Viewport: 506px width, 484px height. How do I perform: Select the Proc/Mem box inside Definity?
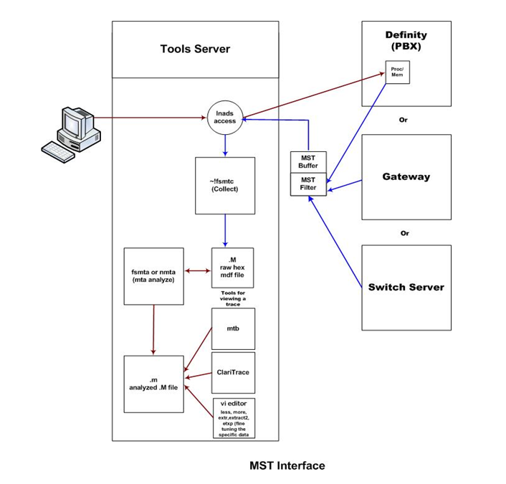(x=398, y=72)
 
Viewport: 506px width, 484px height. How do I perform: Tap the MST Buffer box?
(x=308, y=162)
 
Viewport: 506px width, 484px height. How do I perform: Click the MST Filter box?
(x=308, y=184)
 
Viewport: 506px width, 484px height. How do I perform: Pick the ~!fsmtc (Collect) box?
(x=225, y=186)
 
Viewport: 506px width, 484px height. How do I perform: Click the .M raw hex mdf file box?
(x=232, y=267)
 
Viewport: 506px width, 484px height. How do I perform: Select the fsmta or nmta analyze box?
(x=154, y=276)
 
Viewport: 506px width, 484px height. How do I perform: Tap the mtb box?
(x=233, y=328)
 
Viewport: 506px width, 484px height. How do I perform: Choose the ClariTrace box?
(x=233, y=373)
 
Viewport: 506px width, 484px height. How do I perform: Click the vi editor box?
(x=234, y=418)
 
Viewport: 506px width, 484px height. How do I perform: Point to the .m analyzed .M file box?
(x=154, y=384)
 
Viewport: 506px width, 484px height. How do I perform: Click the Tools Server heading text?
(x=195, y=49)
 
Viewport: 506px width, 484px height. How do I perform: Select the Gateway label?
(x=406, y=177)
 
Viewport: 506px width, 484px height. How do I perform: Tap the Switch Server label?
(x=406, y=287)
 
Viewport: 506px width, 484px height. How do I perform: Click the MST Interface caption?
(x=287, y=465)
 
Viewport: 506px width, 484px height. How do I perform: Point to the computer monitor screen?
(x=72, y=122)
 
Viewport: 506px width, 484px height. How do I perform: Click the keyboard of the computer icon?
(x=58, y=152)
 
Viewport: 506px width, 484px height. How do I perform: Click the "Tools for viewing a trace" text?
(x=233, y=298)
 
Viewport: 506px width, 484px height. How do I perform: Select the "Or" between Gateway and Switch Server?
(x=405, y=233)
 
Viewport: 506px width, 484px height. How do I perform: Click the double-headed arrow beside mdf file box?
(x=198, y=271)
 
